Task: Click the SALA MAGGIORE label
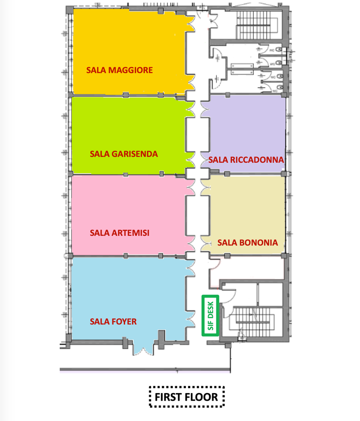click(x=120, y=70)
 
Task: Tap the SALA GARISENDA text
click(x=124, y=154)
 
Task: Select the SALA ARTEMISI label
click(x=119, y=233)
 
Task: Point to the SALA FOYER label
click(x=113, y=321)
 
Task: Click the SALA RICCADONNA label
click(x=246, y=160)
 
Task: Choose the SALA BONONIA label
click(x=247, y=242)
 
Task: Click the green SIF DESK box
click(x=210, y=315)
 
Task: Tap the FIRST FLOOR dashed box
click(x=186, y=397)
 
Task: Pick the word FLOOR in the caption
click(x=202, y=397)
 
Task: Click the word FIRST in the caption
click(x=169, y=397)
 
